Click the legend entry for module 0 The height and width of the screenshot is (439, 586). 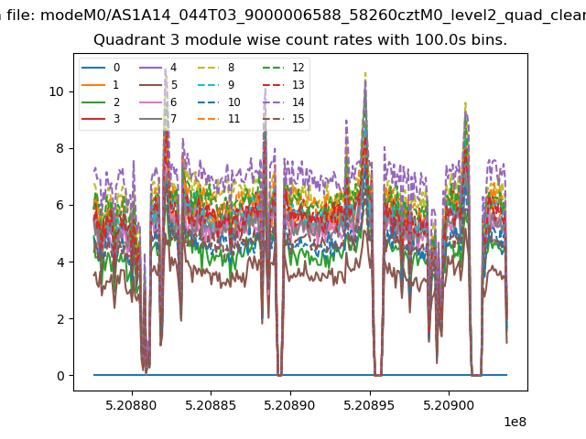pos(101,68)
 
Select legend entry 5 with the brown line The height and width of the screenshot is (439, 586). pos(158,85)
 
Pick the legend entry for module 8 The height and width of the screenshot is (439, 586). pos(216,68)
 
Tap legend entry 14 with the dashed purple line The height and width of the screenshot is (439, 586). pos(283,102)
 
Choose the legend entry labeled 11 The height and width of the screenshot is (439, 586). pos(219,119)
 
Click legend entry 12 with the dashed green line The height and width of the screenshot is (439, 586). pos(283,68)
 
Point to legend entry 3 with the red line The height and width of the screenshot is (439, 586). pos(101,119)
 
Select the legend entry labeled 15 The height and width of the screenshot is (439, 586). pos(283,119)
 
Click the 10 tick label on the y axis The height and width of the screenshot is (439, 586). pos(57,91)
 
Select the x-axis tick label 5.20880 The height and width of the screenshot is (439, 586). pos(131,405)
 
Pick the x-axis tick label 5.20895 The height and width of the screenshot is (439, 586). pos(369,405)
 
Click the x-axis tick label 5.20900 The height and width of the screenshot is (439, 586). pos(449,405)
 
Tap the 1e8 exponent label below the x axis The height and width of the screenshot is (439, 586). pos(515,422)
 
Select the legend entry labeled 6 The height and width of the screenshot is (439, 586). pos(158,102)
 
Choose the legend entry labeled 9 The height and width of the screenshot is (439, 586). pos(216,85)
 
